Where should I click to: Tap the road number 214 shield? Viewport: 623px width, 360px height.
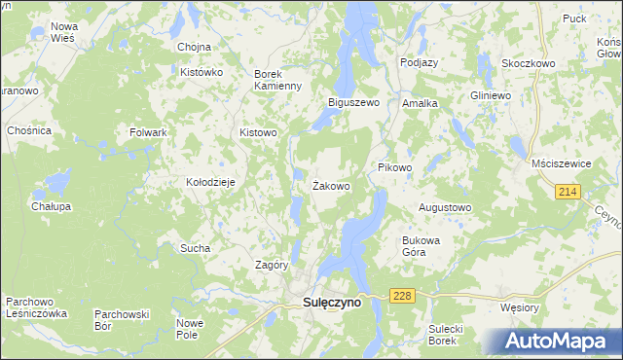tap(569, 193)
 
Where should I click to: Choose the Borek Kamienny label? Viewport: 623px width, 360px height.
tap(279, 81)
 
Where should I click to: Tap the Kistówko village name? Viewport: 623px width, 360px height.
tap(202, 73)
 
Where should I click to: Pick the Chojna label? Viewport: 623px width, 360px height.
tap(195, 47)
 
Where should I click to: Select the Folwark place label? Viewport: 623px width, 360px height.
tap(149, 131)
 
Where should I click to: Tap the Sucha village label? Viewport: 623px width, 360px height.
tap(195, 248)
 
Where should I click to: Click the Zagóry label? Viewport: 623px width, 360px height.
tap(272, 265)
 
